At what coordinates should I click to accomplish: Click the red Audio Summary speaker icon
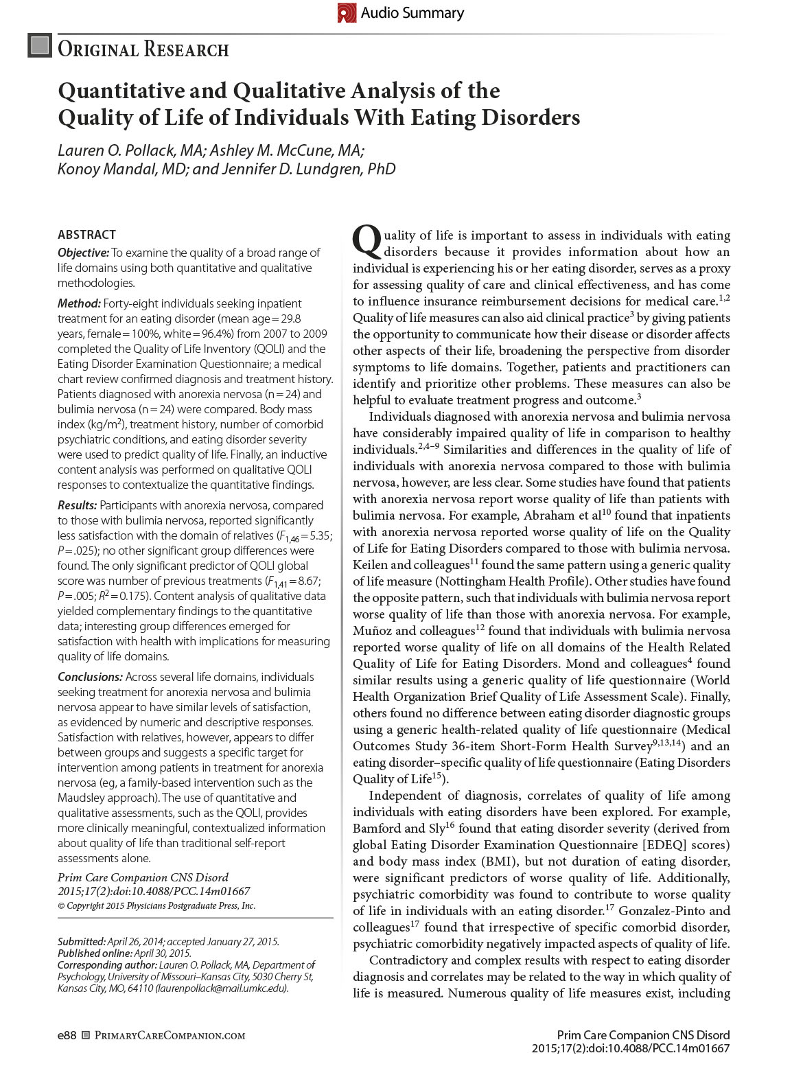[347, 12]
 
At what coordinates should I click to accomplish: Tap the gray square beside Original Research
[40, 46]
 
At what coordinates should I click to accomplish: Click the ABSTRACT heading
[86, 235]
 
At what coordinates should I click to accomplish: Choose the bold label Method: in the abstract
[79, 303]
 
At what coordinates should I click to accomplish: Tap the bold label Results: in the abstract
[77, 505]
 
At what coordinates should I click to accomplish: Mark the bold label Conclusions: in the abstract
[90, 677]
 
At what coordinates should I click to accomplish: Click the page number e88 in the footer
[67, 1035]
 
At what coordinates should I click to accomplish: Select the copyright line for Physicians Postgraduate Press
[156, 906]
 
